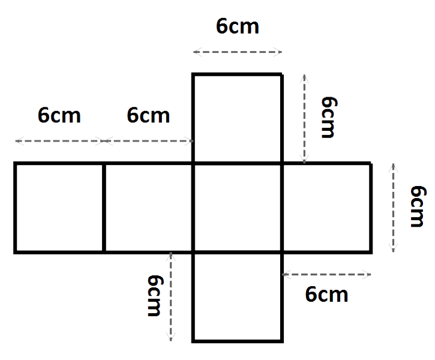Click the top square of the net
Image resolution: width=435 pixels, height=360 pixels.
click(238, 118)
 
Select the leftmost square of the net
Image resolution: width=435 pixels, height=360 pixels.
click(59, 208)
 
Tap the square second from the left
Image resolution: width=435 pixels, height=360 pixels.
click(148, 208)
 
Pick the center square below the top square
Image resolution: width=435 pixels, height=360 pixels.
click(238, 208)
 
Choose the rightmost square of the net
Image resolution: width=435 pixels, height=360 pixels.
click(326, 208)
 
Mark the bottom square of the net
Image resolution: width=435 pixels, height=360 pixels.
click(238, 297)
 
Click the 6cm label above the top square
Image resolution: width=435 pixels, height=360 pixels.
click(238, 26)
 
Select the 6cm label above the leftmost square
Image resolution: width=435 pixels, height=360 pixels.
click(59, 115)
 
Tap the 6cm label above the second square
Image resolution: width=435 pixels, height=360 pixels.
click(148, 115)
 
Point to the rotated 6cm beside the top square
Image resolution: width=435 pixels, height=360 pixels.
click(329, 117)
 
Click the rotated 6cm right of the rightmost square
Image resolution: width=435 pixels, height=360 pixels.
click(418, 206)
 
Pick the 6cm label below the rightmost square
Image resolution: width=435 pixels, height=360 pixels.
click(326, 294)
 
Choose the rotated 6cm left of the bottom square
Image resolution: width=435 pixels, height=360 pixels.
click(155, 295)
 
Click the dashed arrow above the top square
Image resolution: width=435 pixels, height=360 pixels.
click(238, 52)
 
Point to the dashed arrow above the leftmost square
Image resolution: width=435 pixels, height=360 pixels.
click(59, 141)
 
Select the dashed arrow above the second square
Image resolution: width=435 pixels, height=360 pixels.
click(148, 141)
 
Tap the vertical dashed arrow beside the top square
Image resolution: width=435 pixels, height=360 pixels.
click(304, 119)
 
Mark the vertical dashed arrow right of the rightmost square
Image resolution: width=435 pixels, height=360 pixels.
click(393, 208)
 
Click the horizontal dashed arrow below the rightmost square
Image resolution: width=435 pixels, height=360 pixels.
click(326, 275)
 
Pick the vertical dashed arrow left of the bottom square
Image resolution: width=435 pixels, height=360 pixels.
click(170, 296)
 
